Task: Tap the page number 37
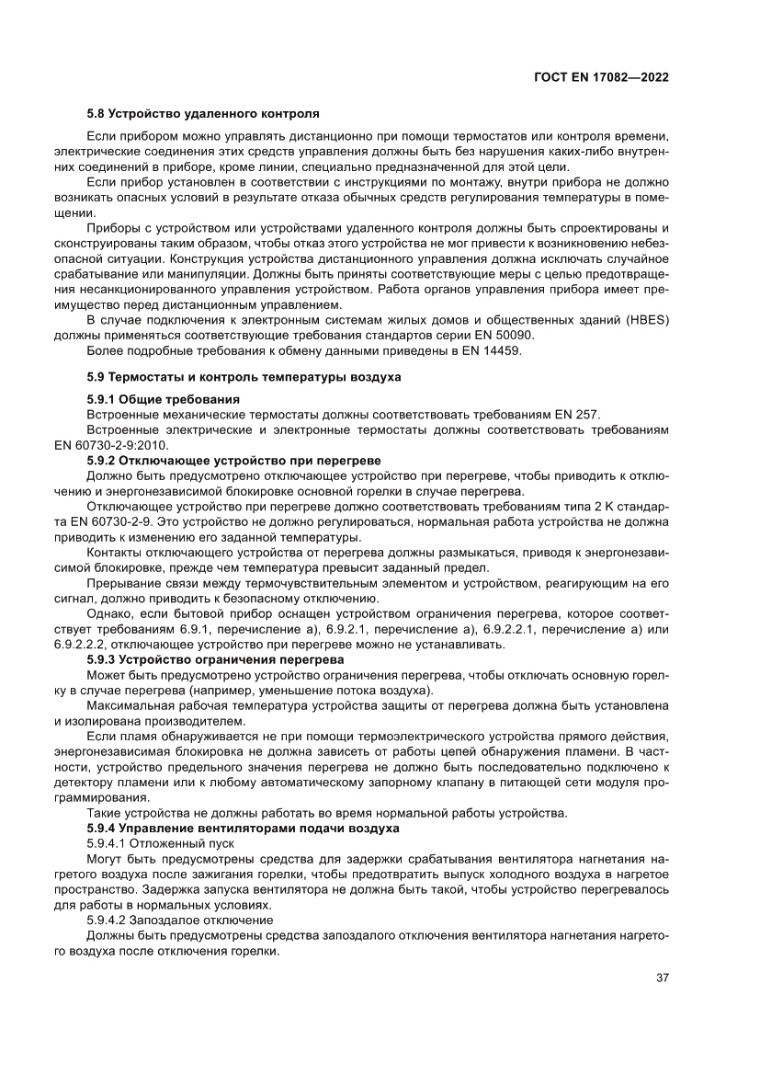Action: click(x=661, y=977)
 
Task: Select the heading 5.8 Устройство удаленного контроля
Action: click(x=203, y=114)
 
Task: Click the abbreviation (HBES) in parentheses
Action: click(x=644, y=319)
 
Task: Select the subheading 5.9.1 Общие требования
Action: click(x=163, y=399)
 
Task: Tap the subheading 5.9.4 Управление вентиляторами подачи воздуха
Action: click(x=243, y=828)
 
